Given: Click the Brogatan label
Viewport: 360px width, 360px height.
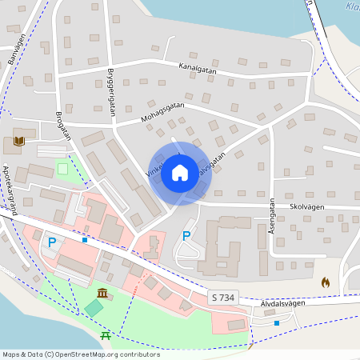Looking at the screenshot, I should (x=63, y=124).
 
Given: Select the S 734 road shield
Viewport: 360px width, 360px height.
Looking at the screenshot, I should (x=224, y=298).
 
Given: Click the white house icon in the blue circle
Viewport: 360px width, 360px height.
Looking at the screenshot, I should (x=180, y=172).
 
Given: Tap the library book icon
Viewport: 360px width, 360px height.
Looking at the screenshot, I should (x=18, y=142).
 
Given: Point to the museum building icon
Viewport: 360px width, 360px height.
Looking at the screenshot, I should (x=103, y=293).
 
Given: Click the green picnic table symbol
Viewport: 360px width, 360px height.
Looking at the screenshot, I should (x=106, y=334).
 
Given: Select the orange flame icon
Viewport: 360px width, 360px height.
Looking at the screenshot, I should (x=325, y=282).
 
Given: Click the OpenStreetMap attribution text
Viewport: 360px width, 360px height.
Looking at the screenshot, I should (x=80, y=354).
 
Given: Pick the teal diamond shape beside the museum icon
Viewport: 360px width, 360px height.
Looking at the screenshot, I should (x=94, y=307).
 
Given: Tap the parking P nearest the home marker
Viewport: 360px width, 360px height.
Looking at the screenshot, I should (x=186, y=235).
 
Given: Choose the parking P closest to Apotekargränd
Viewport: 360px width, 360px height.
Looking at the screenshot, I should (x=52, y=242).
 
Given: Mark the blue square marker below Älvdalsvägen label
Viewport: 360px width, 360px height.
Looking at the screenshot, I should (x=277, y=323).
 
